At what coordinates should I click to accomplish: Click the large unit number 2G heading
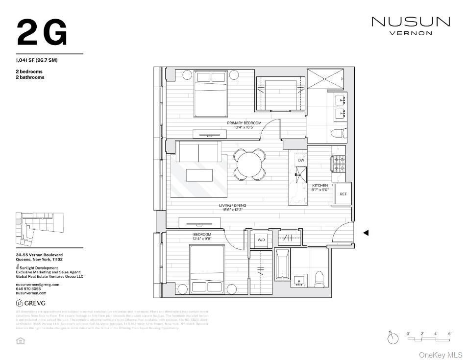point(42,33)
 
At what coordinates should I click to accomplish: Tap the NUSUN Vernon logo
point(410,25)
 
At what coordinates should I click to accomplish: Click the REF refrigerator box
point(343,194)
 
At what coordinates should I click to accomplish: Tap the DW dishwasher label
point(301,160)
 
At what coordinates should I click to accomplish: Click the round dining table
point(249,164)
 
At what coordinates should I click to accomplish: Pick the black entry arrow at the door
point(366,233)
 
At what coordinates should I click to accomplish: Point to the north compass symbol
point(392,338)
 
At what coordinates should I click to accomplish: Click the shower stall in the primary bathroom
point(325,79)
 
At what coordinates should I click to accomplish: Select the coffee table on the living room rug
point(199,175)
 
